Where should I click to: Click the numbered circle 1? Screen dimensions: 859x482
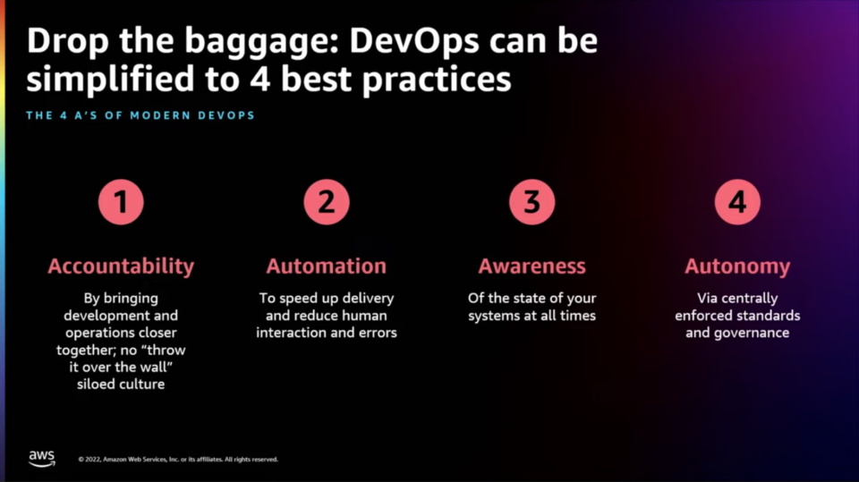121,202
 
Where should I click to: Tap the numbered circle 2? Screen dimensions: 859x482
327,202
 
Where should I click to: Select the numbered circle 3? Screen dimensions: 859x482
532,202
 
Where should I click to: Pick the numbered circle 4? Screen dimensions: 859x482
737,202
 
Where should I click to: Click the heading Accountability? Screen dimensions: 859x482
121,266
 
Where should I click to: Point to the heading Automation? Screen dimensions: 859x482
327,266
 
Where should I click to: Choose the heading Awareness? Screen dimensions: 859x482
532,266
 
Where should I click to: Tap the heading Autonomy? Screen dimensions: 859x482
737,267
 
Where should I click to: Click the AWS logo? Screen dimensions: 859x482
42,459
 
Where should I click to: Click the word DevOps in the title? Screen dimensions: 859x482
414,42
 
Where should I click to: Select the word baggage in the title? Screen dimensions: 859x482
262,43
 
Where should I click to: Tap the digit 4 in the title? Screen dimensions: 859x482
260,79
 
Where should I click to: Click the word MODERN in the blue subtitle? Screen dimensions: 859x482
160,115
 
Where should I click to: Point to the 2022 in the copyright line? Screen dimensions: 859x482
93,460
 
